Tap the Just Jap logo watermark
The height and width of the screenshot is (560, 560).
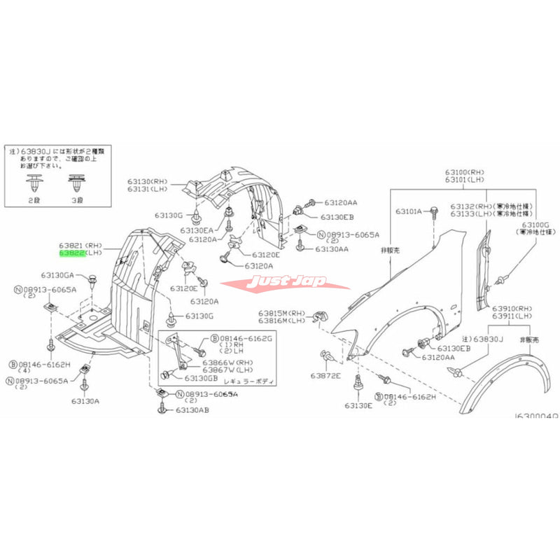click(286, 284)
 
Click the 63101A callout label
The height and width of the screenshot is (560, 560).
click(409, 211)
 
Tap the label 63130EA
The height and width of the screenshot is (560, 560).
click(196, 230)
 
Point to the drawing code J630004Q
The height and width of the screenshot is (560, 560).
click(535, 415)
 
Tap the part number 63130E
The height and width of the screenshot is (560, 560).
click(358, 405)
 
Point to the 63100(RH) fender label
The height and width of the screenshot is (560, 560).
click(462, 171)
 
